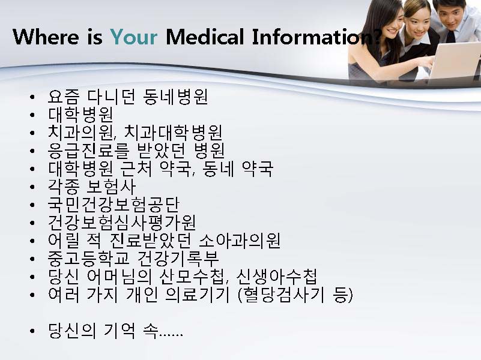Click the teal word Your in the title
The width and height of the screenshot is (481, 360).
(134, 37)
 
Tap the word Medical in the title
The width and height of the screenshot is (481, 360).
(205, 37)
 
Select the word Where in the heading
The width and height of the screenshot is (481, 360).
(46, 37)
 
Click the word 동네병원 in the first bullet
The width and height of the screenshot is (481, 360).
(175, 97)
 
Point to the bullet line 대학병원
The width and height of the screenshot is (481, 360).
(80, 115)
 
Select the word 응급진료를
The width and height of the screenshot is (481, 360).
(89, 151)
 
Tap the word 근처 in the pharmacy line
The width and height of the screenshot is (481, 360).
(136, 169)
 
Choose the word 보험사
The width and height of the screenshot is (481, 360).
(112, 187)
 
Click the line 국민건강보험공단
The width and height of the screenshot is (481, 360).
(113, 205)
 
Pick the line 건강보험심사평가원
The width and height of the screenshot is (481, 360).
(122, 223)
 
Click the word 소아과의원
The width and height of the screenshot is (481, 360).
(240, 241)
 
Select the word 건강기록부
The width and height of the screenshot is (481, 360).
(178, 259)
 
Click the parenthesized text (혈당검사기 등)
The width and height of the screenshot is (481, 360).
(295, 295)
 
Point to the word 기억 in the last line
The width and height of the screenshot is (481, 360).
(119, 331)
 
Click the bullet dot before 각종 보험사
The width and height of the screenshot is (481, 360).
(32, 187)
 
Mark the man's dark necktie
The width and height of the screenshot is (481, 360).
(450, 36)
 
